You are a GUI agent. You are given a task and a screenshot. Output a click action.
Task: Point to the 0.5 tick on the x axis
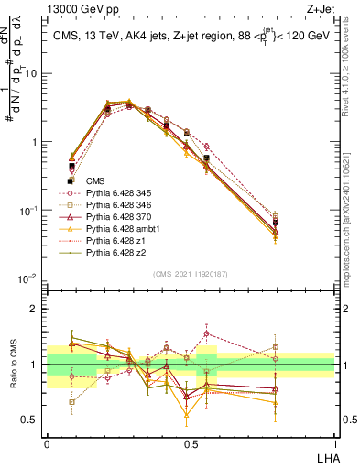click(x=191, y=442)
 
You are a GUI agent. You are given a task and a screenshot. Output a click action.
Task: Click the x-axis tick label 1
click(x=334, y=442)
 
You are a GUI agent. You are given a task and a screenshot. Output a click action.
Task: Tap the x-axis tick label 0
click(x=47, y=442)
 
